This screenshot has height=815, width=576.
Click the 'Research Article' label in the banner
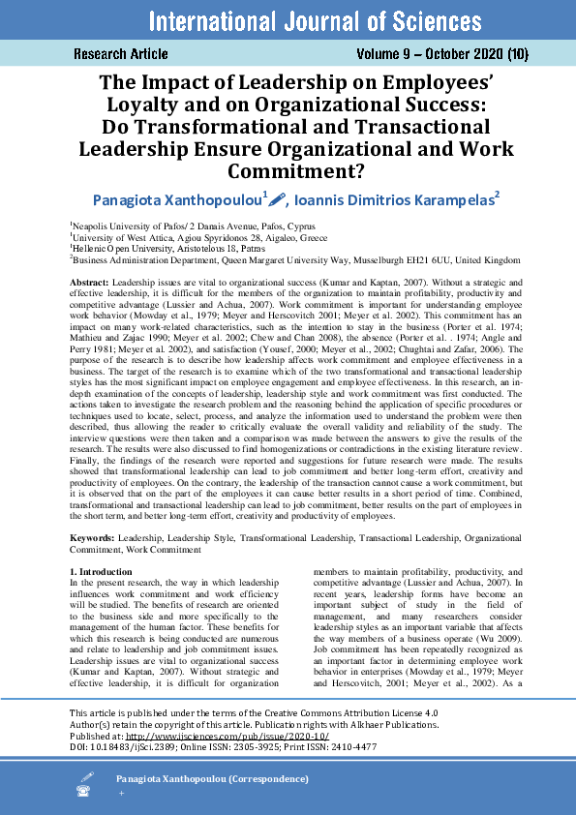(121, 54)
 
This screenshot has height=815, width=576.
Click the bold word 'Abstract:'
(90, 280)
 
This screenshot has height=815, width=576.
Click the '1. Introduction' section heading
(95, 573)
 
